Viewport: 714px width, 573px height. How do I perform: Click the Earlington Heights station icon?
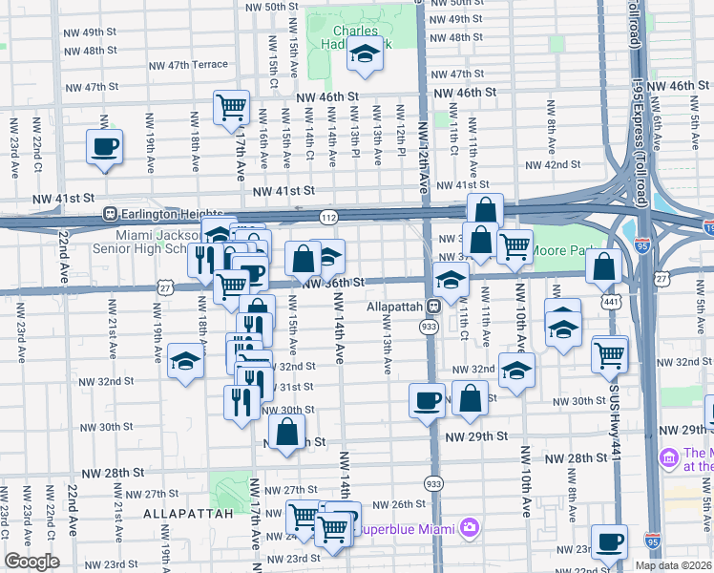(111, 213)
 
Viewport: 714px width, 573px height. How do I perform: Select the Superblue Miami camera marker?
(469, 527)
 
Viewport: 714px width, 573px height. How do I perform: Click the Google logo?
(31, 562)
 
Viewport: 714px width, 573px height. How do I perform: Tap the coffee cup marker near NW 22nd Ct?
(104, 148)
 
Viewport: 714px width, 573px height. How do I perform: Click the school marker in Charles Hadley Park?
(364, 56)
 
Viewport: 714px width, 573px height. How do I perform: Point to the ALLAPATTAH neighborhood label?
(188, 514)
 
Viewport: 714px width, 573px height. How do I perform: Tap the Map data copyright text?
(673, 565)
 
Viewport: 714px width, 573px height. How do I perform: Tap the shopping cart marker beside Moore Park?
(514, 246)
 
